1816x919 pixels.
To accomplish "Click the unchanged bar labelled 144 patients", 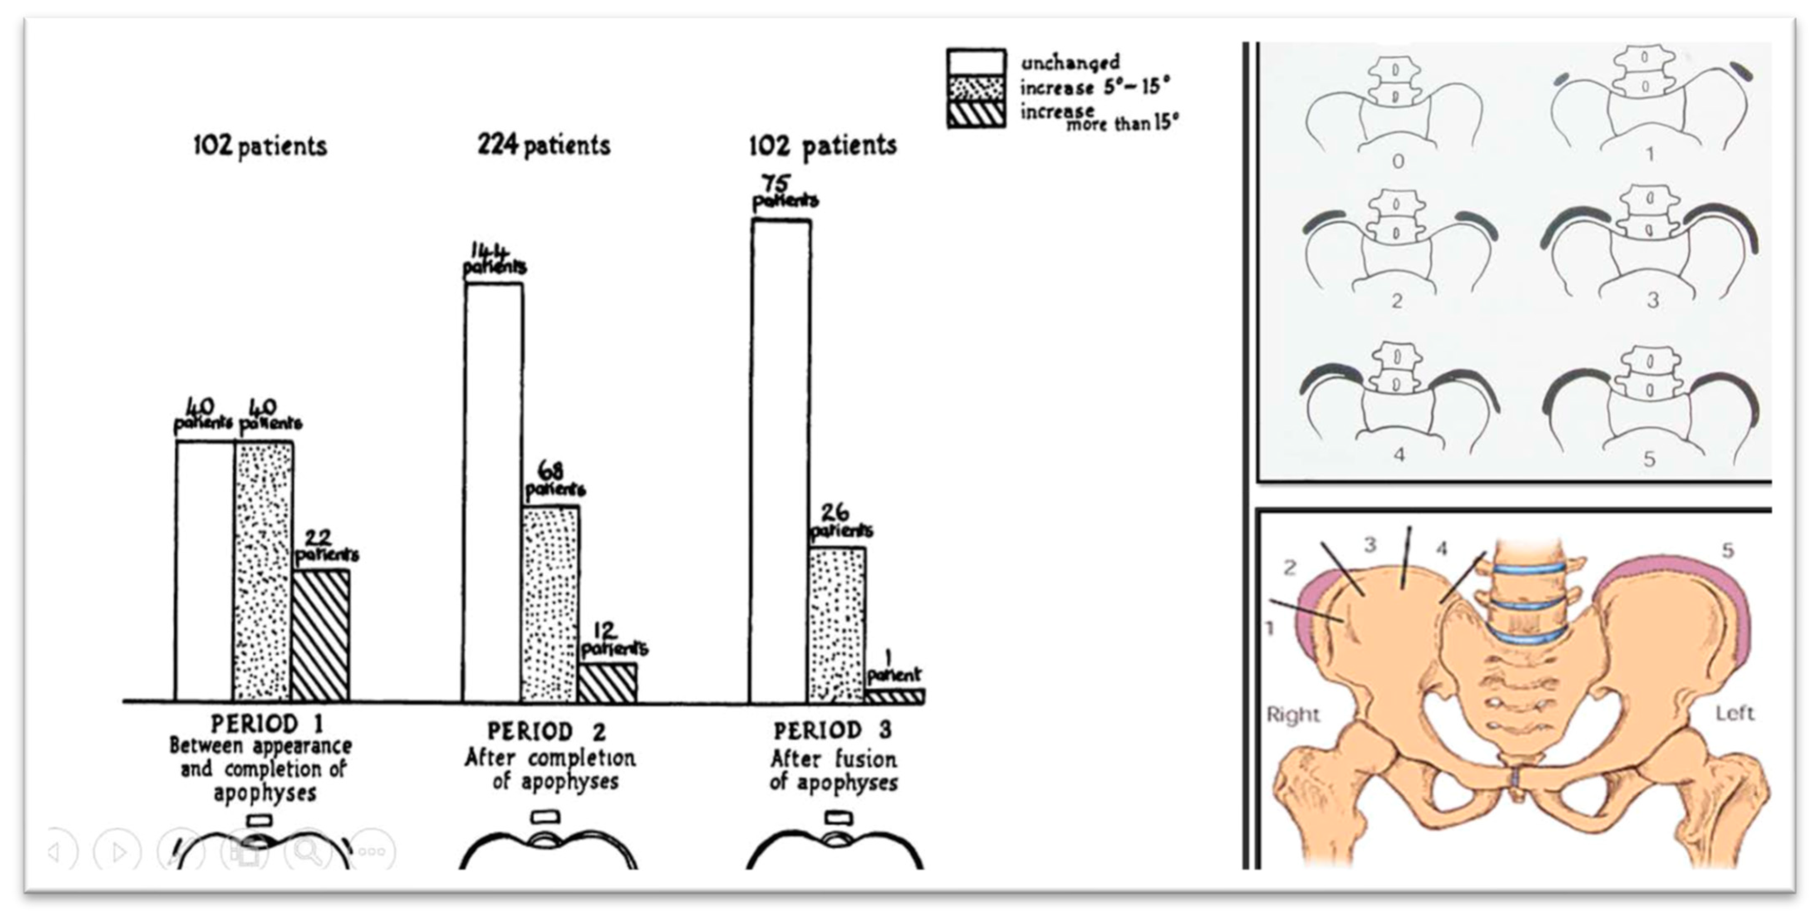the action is [493, 492].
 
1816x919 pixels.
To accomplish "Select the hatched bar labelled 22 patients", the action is [321, 636].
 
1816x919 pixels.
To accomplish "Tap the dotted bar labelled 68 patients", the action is [551, 604].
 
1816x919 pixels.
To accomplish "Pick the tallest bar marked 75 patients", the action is [780, 461].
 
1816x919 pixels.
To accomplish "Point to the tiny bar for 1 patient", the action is [895, 696].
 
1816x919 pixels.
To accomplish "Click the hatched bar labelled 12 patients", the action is [608, 683].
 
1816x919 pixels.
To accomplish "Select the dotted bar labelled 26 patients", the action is [837, 625].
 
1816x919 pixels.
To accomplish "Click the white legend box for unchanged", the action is [977, 62].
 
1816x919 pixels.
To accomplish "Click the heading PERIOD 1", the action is [267, 724].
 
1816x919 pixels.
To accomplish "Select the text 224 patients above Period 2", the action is [544, 145].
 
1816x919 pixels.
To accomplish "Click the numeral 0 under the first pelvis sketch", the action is [1398, 162].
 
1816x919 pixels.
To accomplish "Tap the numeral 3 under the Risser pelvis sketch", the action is [1652, 300].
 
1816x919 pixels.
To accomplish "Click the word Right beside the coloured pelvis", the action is [1293, 715].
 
